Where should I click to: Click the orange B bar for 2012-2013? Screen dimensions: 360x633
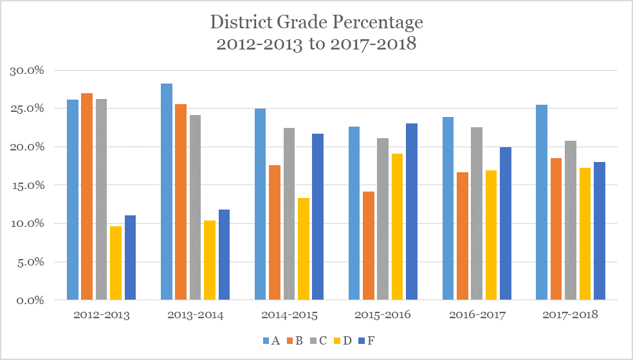point(87,197)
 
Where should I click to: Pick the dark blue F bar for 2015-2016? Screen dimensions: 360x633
point(412,212)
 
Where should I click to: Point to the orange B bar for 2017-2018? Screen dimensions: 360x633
point(555,229)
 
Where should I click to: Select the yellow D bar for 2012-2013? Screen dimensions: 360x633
point(116,263)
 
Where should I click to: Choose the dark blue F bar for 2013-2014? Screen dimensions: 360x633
point(224,255)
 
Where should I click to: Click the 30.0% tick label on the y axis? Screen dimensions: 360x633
point(26,70)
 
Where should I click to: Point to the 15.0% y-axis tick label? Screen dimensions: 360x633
point(26,185)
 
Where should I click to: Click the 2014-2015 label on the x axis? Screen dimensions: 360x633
point(289,315)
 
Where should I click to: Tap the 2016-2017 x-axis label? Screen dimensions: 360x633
point(477,315)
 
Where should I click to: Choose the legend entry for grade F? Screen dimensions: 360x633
point(366,340)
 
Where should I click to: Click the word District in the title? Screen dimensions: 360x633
point(241,22)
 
